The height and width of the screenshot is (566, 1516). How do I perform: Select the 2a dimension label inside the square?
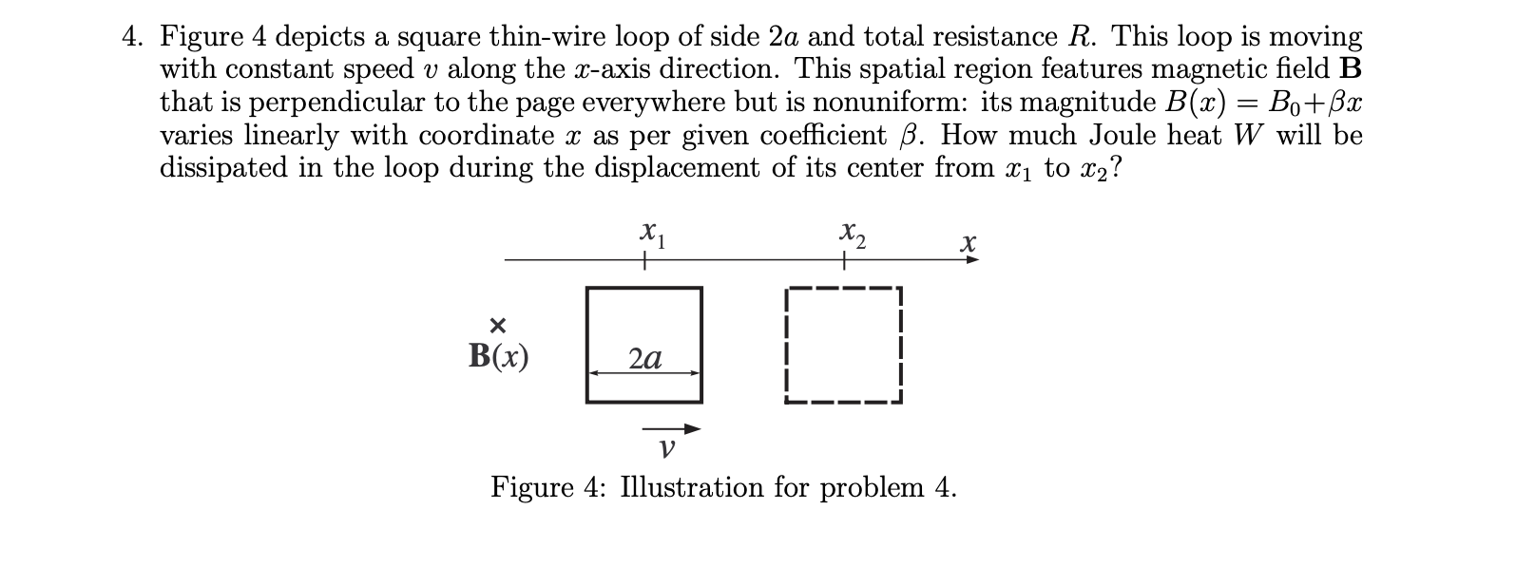(645, 358)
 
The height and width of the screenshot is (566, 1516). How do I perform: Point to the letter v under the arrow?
(667, 447)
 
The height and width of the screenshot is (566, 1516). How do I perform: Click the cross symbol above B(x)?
(497, 326)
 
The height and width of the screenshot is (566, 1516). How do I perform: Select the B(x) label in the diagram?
(499, 356)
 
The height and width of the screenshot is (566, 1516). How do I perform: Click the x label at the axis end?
(968, 244)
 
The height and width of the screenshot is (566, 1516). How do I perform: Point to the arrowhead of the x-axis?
(971, 259)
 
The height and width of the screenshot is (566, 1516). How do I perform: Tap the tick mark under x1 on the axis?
(644, 259)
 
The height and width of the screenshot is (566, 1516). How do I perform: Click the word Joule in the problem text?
(1123, 135)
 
